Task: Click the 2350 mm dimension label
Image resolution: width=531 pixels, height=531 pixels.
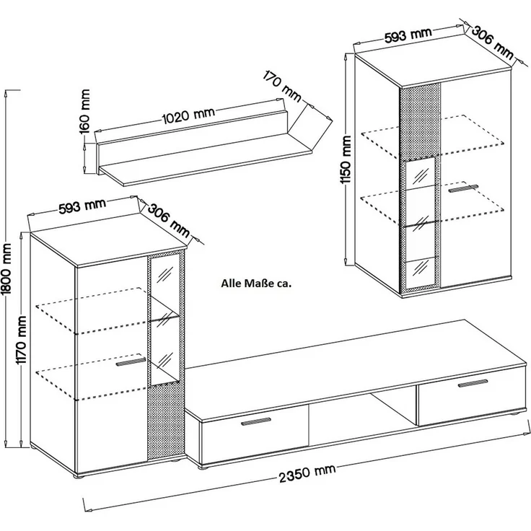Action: coord(307,473)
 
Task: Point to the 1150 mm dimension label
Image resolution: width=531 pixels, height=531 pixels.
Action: coord(347,160)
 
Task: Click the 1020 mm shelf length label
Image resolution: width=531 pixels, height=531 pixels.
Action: coord(188,115)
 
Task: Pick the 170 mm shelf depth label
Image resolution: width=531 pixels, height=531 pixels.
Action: coord(282,86)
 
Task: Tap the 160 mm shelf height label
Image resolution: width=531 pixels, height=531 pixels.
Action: coord(85,111)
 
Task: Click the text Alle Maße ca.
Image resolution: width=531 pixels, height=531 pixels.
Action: coord(256,283)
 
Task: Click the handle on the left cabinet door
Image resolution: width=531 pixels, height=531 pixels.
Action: coord(131,361)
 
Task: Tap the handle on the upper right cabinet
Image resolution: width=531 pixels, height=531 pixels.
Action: coord(463,188)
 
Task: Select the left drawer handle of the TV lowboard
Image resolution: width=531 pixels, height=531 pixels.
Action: coord(256,421)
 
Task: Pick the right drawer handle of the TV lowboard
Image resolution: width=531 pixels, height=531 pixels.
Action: coord(473,383)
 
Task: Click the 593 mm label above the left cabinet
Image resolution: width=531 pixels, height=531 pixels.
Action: coord(82,206)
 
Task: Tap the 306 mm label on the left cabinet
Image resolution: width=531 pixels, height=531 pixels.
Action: coord(169,220)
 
